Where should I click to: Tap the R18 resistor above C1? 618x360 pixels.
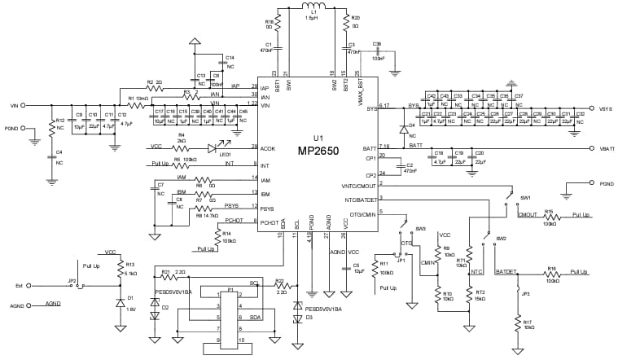point(279,24)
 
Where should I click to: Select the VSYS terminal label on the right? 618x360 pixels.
point(605,108)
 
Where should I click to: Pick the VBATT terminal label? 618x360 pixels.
point(606,149)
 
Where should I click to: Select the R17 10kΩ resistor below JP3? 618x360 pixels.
point(517,324)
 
